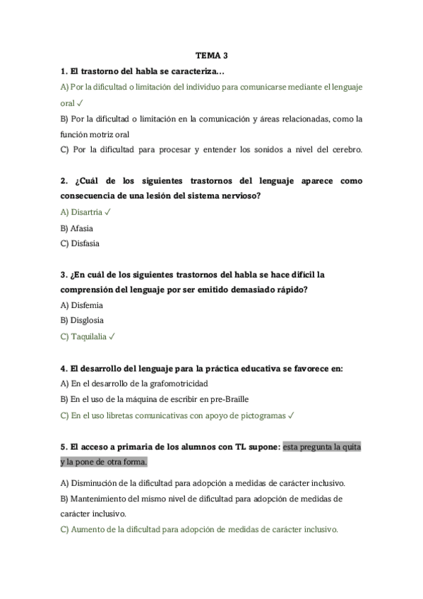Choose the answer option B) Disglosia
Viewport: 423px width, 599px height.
click(83, 321)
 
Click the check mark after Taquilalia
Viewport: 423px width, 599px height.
click(112, 337)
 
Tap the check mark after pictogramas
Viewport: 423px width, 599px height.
click(291, 416)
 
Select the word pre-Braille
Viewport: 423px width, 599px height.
click(230, 400)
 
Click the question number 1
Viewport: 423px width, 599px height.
click(64, 71)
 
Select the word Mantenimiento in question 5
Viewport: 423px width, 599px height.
click(99, 499)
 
